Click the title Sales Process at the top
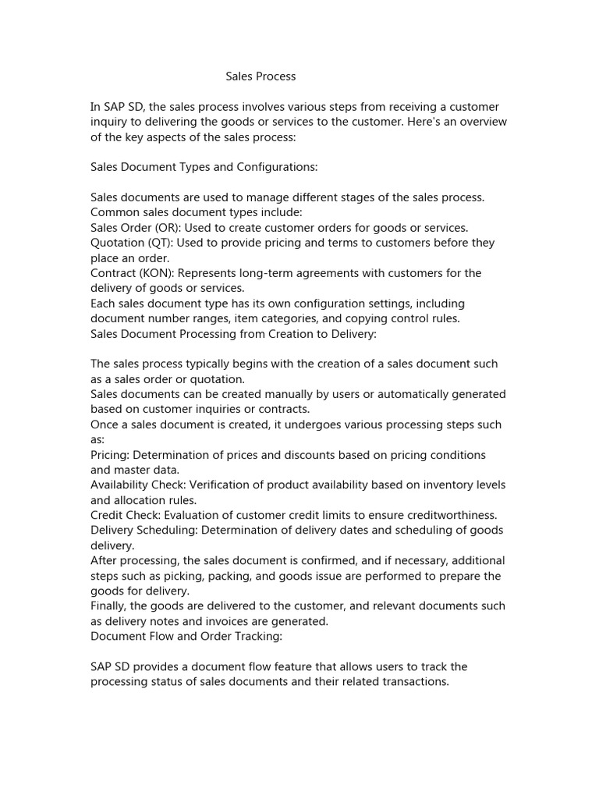(261, 76)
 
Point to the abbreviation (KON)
(152, 273)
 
